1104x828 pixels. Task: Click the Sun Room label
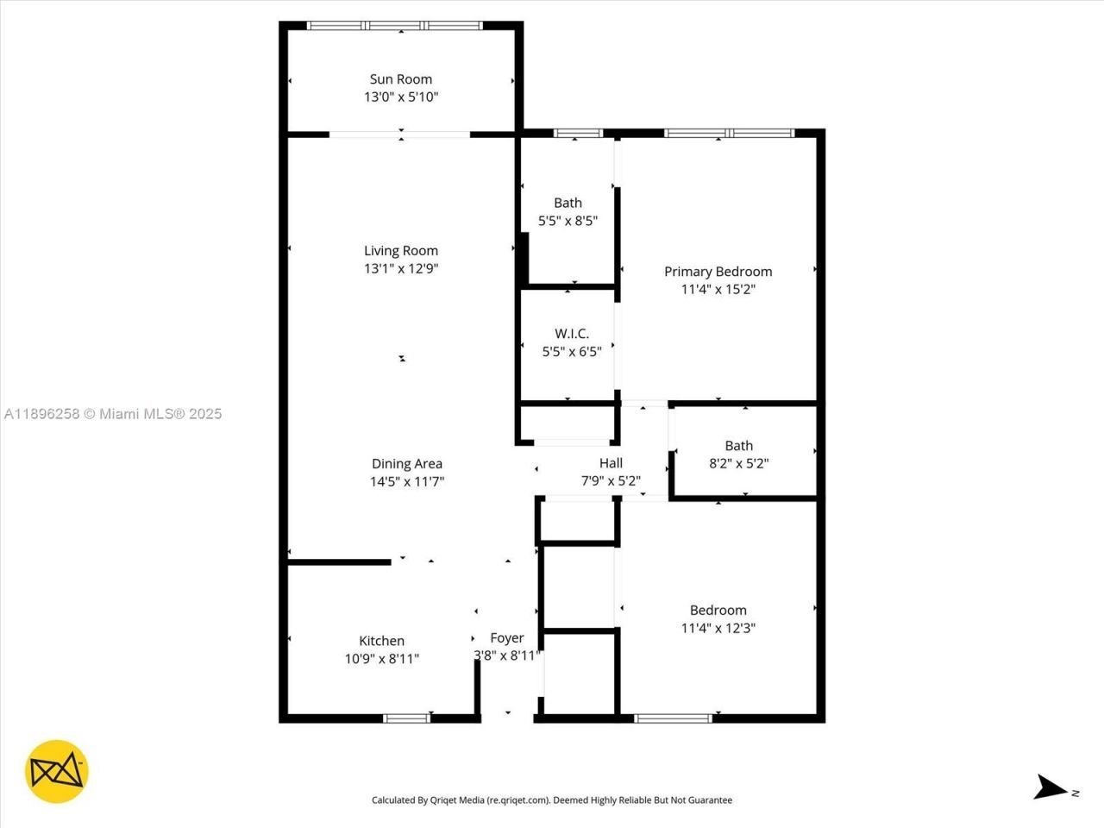pos(401,79)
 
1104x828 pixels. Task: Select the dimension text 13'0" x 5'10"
pos(401,97)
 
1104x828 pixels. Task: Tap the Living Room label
pos(401,251)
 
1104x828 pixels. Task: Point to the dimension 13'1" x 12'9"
pos(401,268)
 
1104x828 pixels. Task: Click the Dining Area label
pos(407,464)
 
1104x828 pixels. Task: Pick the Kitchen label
pos(381,641)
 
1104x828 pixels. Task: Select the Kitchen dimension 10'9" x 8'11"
pos(381,659)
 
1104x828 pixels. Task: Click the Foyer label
pos(507,638)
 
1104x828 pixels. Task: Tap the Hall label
pos(611,463)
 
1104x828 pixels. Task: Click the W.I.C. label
pos(572,334)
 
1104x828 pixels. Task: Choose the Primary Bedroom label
pos(718,272)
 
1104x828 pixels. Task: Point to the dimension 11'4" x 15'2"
pos(718,290)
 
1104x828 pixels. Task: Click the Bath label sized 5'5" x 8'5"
pos(568,203)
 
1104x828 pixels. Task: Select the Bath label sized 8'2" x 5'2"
pos(738,446)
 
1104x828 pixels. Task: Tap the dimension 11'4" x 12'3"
pos(718,629)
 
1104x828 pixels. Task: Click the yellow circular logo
pos(57,771)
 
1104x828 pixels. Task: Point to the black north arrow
pos(1051,787)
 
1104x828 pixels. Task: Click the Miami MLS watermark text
pos(113,414)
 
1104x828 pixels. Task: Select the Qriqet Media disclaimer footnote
pos(552,800)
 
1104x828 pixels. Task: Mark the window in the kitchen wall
pos(406,718)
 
